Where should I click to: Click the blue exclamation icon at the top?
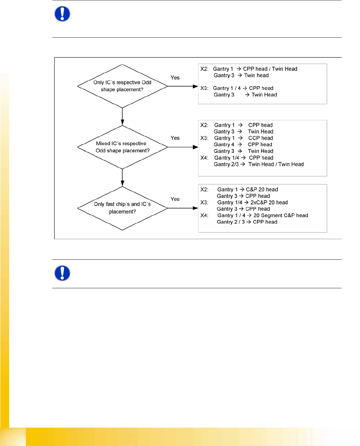click(x=62, y=14)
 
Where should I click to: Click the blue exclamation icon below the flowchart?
click(x=62, y=273)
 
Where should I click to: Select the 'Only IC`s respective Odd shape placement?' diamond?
click(x=122, y=86)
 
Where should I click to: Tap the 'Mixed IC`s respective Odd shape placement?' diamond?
click(x=122, y=147)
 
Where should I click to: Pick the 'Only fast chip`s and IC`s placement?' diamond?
click(x=122, y=208)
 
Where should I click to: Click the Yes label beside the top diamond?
click(x=175, y=78)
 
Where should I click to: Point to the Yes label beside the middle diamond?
click(x=175, y=138)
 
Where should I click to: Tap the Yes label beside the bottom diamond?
click(x=175, y=199)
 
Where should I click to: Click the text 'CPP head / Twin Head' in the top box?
click(x=270, y=69)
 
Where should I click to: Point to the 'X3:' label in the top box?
click(x=204, y=88)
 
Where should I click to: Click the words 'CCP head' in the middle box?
click(x=260, y=138)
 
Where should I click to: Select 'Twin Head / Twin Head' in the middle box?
click(x=276, y=164)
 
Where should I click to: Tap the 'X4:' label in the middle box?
click(x=204, y=158)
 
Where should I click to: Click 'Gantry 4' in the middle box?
click(x=224, y=145)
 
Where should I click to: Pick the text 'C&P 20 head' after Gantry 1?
click(x=262, y=189)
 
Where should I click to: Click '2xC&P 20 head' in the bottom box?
click(x=269, y=202)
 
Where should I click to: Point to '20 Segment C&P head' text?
click(x=281, y=215)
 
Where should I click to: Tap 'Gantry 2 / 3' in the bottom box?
click(x=231, y=222)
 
